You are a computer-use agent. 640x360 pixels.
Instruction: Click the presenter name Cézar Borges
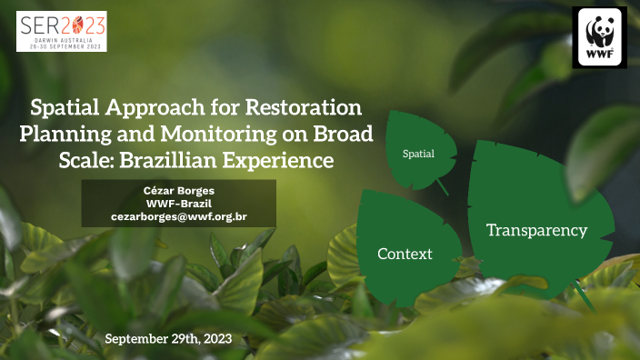[179, 189]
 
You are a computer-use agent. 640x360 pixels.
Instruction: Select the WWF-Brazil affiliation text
[179, 203]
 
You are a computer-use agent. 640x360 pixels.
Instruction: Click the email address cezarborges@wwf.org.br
[179, 217]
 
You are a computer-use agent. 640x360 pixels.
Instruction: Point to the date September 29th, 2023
[168, 338]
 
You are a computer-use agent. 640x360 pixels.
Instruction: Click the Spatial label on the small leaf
[419, 154]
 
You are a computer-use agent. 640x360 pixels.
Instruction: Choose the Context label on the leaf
[405, 253]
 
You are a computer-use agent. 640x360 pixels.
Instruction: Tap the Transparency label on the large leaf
[536, 230]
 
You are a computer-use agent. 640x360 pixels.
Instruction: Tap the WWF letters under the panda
[600, 56]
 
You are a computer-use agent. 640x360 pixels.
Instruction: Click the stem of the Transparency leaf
[578, 292]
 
